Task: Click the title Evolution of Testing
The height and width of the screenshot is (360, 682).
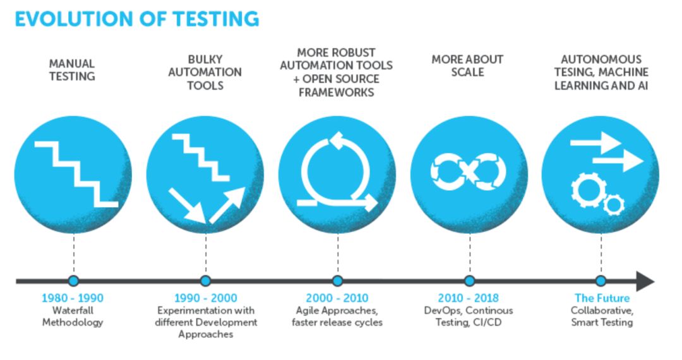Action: click(x=136, y=19)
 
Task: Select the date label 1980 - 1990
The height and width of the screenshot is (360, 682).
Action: click(x=73, y=298)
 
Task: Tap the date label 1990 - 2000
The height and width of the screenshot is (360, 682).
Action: click(x=205, y=298)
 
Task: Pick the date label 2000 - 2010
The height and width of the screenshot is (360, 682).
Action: click(x=337, y=298)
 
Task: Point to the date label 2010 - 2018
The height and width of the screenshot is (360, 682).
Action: click(x=468, y=298)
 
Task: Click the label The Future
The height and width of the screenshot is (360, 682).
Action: click(x=601, y=298)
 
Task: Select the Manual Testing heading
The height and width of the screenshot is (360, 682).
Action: click(x=73, y=70)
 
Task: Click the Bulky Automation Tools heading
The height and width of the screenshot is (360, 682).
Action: click(x=205, y=72)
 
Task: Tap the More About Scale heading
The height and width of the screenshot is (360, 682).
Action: click(x=468, y=65)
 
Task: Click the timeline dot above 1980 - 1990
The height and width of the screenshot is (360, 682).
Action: click(x=73, y=281)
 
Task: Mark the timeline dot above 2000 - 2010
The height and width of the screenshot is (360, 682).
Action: click(x=337, y=281)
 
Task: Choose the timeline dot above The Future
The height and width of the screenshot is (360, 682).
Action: click(x=601, y=281)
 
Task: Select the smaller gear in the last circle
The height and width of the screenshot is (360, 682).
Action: click(x=613, y=203)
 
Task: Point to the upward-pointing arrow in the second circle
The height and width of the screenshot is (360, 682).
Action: click(x=228, y=204)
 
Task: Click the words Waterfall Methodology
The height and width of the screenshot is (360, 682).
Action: click(x=73, y=316)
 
